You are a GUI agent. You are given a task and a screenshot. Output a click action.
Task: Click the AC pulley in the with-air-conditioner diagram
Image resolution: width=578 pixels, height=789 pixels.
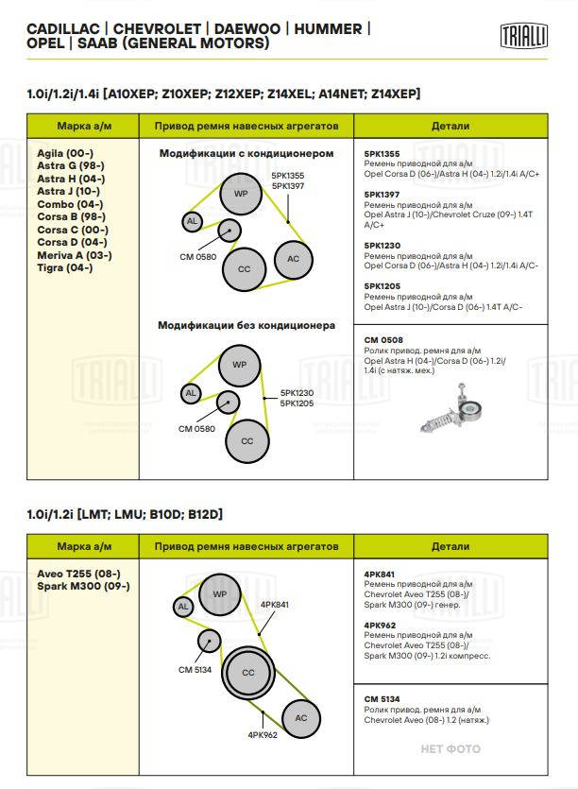(294, 259)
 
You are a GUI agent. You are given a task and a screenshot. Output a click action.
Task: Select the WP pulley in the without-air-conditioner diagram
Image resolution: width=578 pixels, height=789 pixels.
(239, 364)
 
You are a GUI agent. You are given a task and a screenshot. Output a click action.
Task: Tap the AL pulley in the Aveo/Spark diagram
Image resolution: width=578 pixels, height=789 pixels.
(184, 606)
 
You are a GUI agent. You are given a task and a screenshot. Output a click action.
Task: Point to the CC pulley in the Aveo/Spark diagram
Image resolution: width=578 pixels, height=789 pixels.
(247, 673)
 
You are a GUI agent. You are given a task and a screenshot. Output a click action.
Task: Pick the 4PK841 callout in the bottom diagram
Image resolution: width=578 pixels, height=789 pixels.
(274, 604)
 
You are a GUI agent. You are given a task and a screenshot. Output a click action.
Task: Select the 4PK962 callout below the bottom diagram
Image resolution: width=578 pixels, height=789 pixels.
(262, 734)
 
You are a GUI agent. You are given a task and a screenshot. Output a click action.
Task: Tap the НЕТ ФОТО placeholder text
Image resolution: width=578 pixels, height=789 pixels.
(450, 748)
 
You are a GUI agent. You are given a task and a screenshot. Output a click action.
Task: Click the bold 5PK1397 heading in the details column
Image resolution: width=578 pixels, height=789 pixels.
(382, 195)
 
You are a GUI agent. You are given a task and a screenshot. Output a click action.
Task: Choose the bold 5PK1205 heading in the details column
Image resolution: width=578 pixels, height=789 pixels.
(382, 285)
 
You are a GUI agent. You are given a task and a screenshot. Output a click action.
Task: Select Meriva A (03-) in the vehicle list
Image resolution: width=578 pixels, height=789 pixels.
(75, 255)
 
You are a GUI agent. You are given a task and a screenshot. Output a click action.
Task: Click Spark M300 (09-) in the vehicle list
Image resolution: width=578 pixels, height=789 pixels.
(83, 586)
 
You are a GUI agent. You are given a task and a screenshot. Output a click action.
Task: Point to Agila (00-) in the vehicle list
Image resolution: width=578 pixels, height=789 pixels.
(65, 153)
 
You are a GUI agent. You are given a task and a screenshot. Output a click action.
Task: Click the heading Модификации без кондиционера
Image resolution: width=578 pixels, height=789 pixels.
(246, 325)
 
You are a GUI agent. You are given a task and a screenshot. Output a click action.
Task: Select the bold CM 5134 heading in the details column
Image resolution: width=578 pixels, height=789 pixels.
(383, 699)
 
